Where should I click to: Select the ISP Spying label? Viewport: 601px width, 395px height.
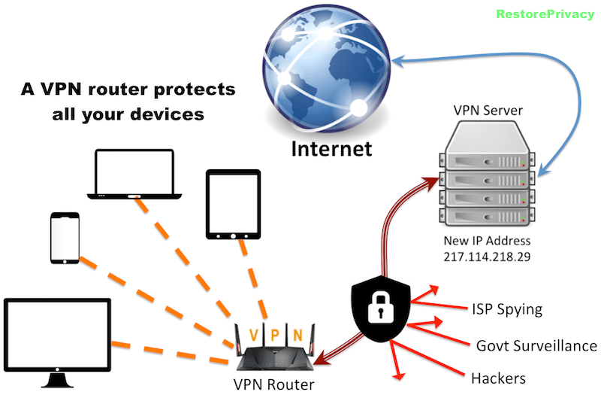[x=506, y=308]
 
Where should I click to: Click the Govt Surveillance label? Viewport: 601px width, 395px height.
[x=536, y=345]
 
